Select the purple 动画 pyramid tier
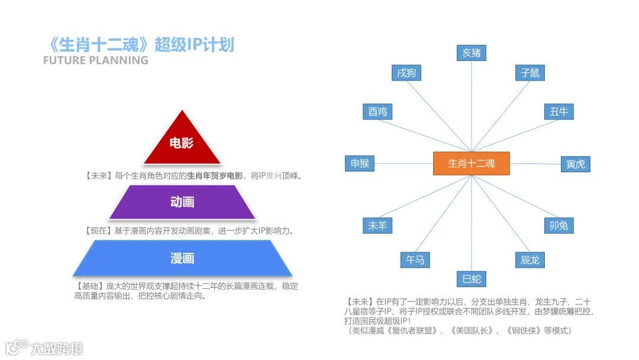coord(182,202)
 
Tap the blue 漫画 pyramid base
coord(182,259)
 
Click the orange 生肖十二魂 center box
coord(471,163)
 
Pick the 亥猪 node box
coord(472,53)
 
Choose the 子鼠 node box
coord(530,73)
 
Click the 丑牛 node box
coord(559,111)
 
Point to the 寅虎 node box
coord(575,164)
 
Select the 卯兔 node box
coord(559,226)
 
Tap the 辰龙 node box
coord(530,259)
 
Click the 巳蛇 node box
coord(472,278)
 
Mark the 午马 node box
coord(415,259)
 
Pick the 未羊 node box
coord(377,226)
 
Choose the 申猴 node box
coord(360,163)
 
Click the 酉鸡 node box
coord(377,111)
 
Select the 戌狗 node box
coord(406,73)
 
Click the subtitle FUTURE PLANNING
coord(96,60)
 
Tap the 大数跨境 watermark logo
coord(44,348)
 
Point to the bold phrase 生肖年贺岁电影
coord(215,176)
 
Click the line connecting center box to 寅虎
coord(535,164)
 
